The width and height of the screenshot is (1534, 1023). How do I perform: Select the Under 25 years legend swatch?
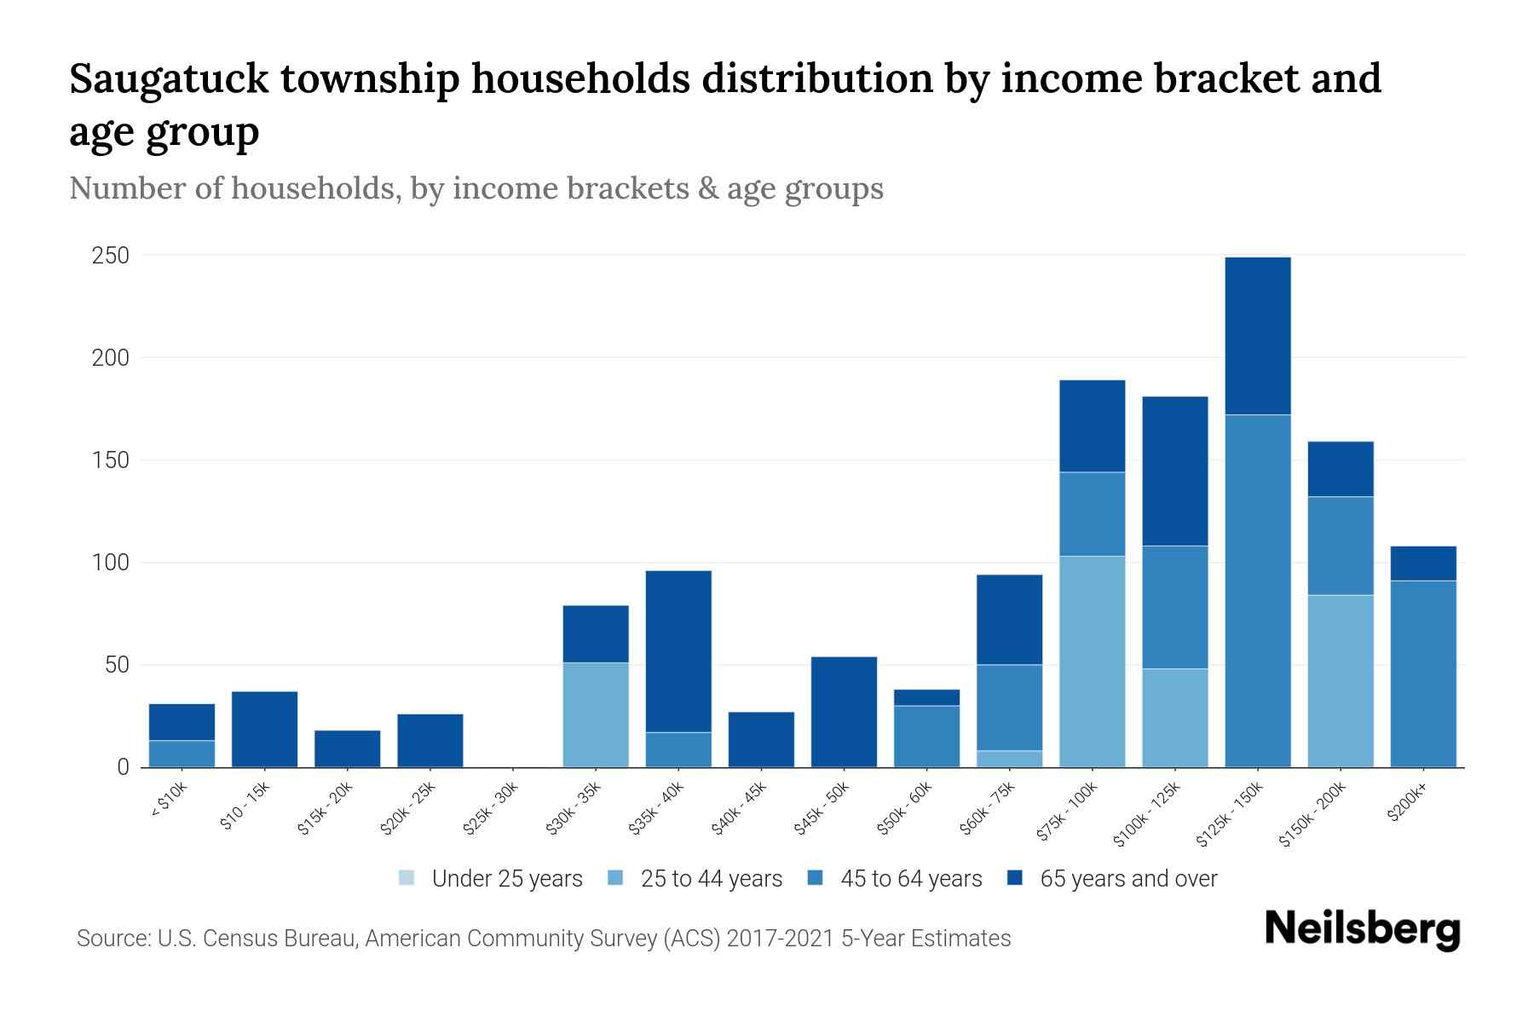pyautogui.click(x=407, y=878)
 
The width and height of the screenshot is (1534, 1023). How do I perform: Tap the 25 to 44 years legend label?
pyautogui.click(x=711, y=879)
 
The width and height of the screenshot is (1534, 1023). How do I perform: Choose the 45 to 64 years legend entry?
pyautogui.click(x=910, y=879)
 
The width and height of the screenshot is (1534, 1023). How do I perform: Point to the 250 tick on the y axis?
pyautogui.click(x=111, y=256)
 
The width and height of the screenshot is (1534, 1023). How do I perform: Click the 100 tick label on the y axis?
pyautogui.click(x=111, y=563)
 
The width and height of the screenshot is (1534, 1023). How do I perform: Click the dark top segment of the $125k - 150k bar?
pyautogui.click(x=1257, y=336)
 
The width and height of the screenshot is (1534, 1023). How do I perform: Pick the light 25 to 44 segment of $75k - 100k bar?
pyautogui.click(x=1092, y=661)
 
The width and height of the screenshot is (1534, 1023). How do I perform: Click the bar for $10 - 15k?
pyautogui.click(x=264, y=729)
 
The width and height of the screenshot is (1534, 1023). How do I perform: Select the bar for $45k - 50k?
pyautogui.click(x=844, y=712)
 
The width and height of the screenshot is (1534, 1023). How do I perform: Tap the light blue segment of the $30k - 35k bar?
pyautogui.click(x=596, y=714)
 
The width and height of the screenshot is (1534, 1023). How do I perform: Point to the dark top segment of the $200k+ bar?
pyautogui.click(x=1422, y=563)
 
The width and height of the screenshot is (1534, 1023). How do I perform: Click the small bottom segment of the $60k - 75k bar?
pyautogui.click(x=1009, y=759)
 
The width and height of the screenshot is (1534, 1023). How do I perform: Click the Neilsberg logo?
pyautogui.click(x=1362, y=929)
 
